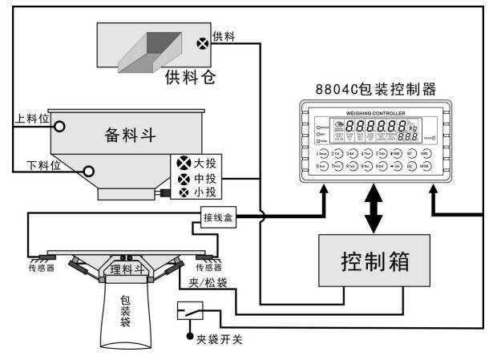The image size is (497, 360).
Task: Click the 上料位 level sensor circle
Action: [59, 124]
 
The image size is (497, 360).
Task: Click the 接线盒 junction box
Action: [219, 216]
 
